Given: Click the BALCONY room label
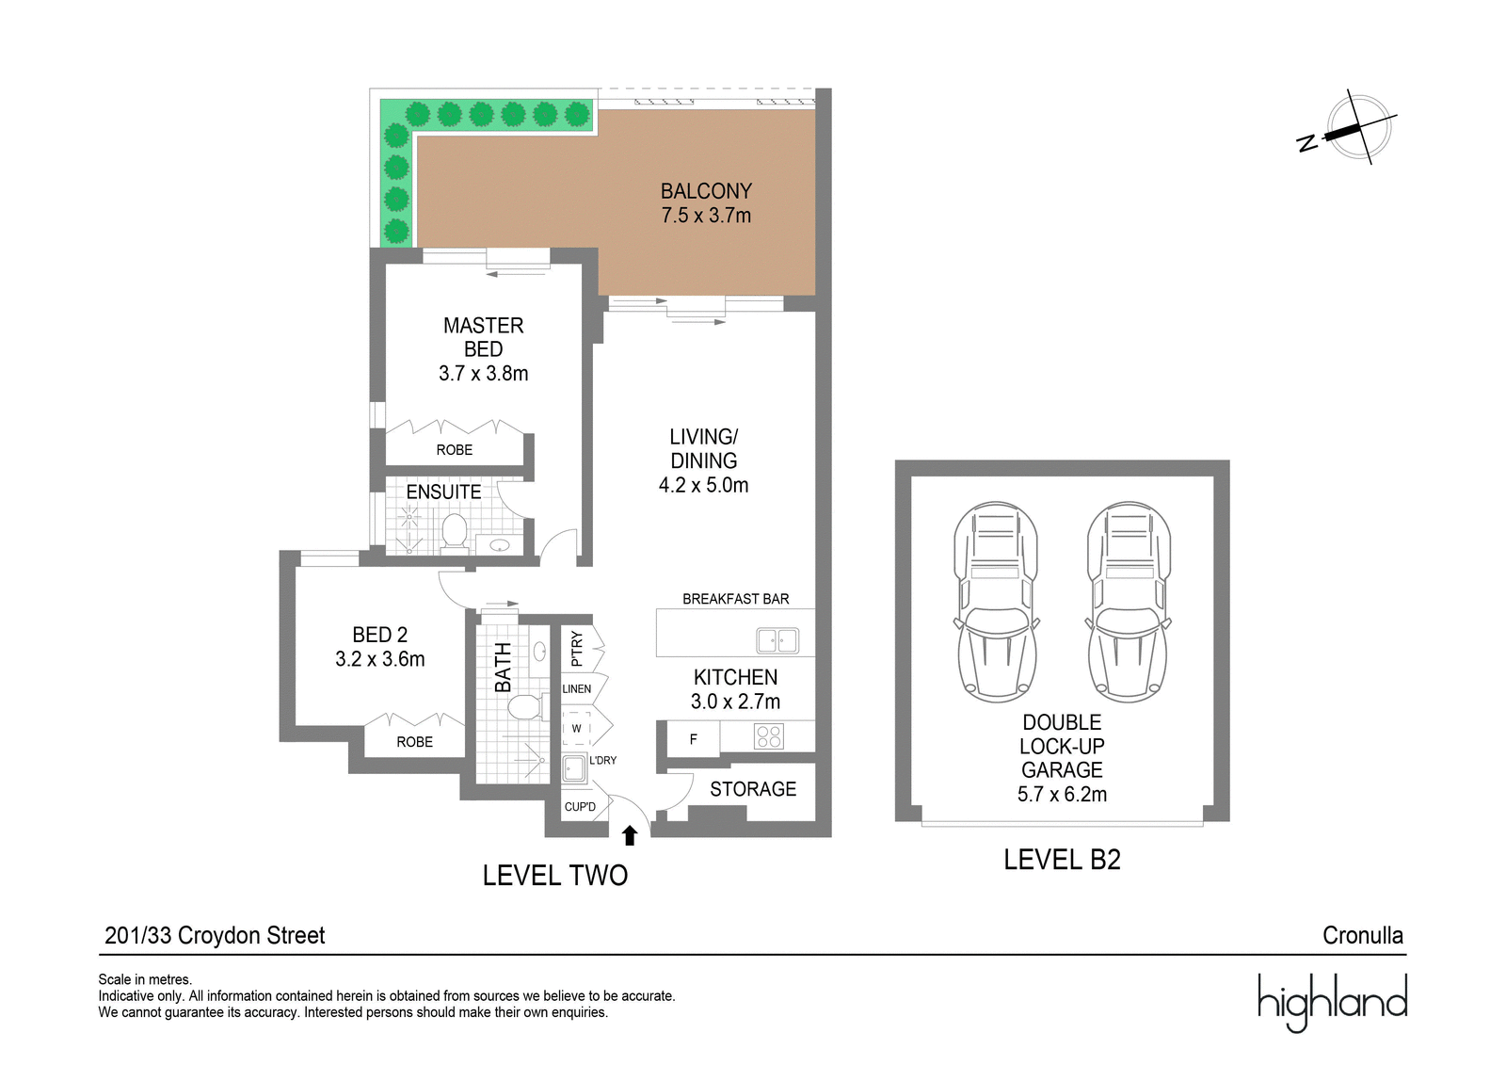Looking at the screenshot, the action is coord(706,191).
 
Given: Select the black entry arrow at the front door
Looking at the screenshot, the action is coord(630,835).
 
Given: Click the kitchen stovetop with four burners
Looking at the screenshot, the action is coord(768,736).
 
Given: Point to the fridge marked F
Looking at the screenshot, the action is coord(693,738).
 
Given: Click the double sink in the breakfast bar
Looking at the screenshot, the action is coord(777,640).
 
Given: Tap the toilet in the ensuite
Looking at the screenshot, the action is coord(456,534).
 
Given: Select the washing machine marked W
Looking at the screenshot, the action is coord(576,728).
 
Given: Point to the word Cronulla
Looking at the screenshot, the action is coord(1363,935).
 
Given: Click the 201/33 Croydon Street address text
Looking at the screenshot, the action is coord(215,935).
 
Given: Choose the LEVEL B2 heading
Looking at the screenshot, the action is coord(1063,860).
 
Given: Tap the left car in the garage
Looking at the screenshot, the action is coord(996,602).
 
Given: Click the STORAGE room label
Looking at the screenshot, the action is coord(753,788).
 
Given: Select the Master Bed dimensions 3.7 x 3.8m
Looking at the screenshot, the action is coord(484,373).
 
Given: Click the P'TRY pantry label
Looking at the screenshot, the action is coord(576,648).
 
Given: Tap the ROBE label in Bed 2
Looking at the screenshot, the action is coord(414,741).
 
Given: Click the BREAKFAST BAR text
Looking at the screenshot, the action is coord(735,599).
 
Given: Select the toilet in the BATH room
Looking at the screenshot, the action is coord(524,708).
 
